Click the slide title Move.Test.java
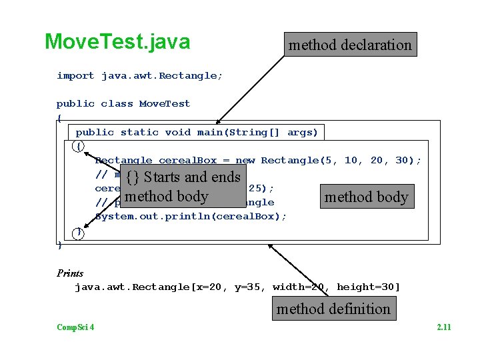point(117,42)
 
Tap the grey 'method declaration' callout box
point(350,45)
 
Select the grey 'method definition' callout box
point(333,309)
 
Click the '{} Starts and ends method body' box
point(183,187)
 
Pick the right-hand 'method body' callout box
point(366,197)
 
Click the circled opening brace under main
point(79,146)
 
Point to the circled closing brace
point(79,232)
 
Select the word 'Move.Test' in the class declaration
point(165,104)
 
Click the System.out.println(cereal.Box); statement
point(191,217)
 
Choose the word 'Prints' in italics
point(70,273)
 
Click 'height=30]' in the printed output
point(368,287)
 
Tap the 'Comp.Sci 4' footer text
point(75,327)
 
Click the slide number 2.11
point(443,327)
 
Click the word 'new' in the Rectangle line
point(245,161)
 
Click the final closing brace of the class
point(60,245)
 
